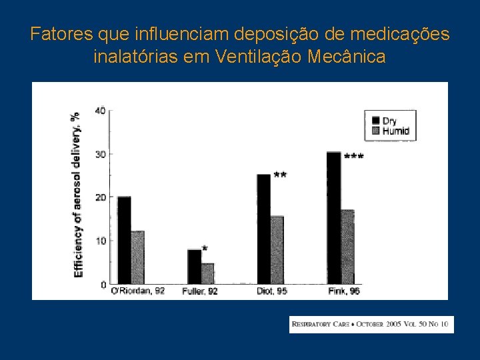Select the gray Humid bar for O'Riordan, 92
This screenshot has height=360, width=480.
pyautogui.click(x=137, y=257)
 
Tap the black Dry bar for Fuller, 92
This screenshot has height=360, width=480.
pyautogui.click(x=194, y=267)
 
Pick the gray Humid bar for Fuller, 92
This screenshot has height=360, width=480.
pyautogui.click(x=207, y=273)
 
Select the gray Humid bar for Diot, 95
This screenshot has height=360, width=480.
pyautogui.click(x=277, y=250)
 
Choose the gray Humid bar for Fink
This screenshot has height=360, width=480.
pyautogui.click(x=347, y=247)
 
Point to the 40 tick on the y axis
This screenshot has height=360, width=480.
pyautogui.click(x=99, y=111)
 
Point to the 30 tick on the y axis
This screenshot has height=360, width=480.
pyautogui.click(x=99, y=154)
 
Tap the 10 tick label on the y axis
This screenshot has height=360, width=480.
pyautogui.click(x=99, y=241)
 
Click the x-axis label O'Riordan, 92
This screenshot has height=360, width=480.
pyautogui.click(x=137, y=291)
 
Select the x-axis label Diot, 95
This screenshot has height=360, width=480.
pyautogui.click(x=271, y=291)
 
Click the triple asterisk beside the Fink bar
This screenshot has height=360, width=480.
pyautogui.click(x=354, y=157)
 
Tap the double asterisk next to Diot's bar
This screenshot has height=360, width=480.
pyautogui.click(x=280, y=175)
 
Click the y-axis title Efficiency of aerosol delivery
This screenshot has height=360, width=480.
pyautogui.click(x=78, y=194)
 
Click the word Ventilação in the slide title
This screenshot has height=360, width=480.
pyautogui.click(x=259, y=56)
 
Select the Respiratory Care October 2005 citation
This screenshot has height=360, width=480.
pyautogui.click(x=371, y=325)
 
